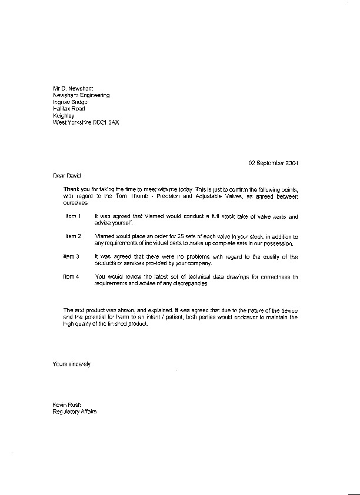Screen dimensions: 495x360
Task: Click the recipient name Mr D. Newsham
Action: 73,88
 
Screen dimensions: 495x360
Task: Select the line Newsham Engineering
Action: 81,95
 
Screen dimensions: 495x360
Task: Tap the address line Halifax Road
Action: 69,109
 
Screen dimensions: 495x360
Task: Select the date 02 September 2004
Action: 273,162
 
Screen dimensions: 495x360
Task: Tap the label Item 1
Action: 72,217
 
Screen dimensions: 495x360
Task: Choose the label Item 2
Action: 72,236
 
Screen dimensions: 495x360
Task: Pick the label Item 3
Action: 71,257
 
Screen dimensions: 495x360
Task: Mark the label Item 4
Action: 71,277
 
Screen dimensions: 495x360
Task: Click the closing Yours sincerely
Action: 72,364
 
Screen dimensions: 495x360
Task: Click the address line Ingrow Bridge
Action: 70,102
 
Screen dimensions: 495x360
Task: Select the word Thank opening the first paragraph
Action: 71,189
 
